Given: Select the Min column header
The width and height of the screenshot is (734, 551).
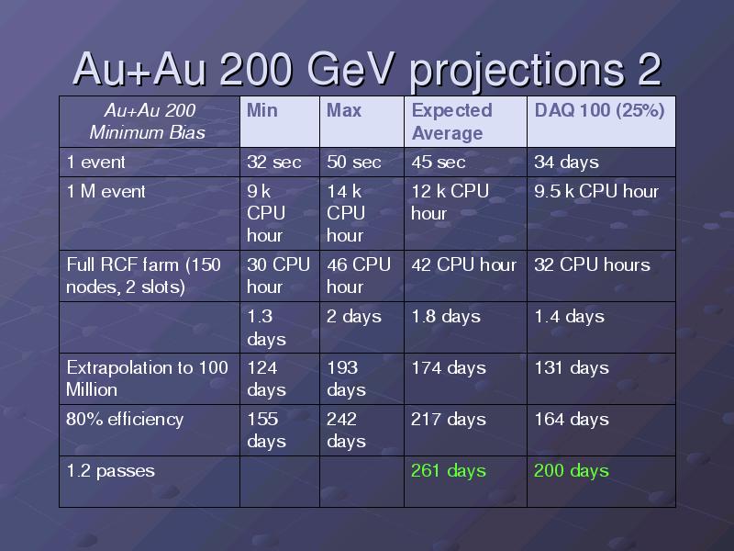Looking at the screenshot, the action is (x=262, y=110).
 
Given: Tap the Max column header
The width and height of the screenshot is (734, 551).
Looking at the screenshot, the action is (x=344, y=110).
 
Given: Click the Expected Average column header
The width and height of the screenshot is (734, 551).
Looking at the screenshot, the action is (x=451, y=122).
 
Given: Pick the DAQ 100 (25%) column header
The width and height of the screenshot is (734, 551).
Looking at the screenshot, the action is (x=599, y=110).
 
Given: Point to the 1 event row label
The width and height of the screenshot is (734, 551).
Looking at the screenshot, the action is (x=96, y=163).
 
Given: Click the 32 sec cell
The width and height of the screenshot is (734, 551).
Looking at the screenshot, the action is (x=273, y=163).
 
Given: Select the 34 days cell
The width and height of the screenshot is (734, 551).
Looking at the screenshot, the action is (x=566, y=163).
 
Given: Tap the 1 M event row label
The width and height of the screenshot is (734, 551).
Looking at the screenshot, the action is (x=106, y=191).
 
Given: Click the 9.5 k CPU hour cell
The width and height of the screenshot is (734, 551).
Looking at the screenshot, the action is (x=596, y=191).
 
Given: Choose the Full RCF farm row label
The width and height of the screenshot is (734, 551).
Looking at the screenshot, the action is (x=143, y=275).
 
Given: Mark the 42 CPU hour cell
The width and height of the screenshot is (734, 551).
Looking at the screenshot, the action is (x=464, y=264).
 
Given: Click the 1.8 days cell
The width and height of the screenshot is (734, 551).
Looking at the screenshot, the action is (x=446, y=317).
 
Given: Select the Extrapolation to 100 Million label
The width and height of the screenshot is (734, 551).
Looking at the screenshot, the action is (x=147, y=378).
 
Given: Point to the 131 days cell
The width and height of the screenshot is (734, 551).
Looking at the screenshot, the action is (x=572, y=368).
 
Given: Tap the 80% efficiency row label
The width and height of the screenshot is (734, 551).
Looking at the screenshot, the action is (x=125, y=420).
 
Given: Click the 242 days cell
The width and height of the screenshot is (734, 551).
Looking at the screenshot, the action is (x=346, y=430).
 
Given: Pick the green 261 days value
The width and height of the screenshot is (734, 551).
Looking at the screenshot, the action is (x=449, y=471).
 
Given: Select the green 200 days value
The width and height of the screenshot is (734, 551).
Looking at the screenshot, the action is (x=572, y=471).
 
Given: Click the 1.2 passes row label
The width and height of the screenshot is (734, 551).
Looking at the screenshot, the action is (x=110, y=471).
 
